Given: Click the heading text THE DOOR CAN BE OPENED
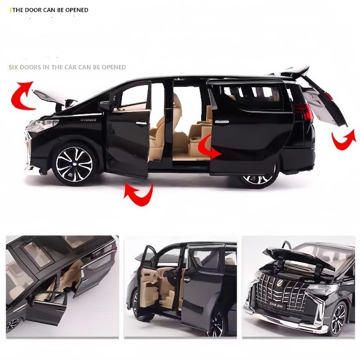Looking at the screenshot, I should click(x=50, y=10).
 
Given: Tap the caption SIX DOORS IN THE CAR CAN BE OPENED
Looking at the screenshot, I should click(x=67, y=67).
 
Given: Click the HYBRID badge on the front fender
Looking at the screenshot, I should click(x=89, y=120).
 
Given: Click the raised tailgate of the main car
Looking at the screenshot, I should click(x=325, y=101).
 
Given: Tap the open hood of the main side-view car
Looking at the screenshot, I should click(x=49, y=96).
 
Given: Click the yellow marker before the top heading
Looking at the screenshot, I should click(x=10, y=10).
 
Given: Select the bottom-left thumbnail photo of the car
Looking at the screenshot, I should click(x=62, y=286).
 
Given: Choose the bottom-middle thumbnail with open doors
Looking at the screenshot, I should click(x=180, y=286).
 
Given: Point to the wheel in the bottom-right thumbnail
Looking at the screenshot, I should click(x=338, y=319).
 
